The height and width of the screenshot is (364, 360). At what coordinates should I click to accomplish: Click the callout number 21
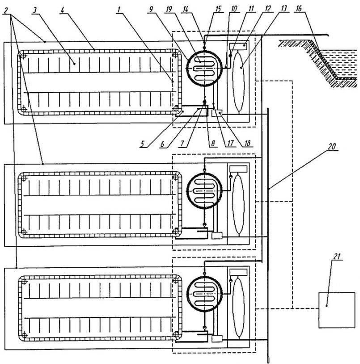[x=337, y=256]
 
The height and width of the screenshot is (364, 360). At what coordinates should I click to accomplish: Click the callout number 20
[x=332, y=147]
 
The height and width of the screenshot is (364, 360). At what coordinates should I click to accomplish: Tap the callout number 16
[x=299, y=9]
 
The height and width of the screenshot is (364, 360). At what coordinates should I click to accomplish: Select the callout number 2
[x=5, y=10]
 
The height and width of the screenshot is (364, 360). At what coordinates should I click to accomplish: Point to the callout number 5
[x=142, y=144]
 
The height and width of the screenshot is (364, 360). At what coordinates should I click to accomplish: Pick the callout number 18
[x=247, y=143]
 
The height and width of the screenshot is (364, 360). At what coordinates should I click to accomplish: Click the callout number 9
[x=151, y=9]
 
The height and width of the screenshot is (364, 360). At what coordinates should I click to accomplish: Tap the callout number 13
[x=284, y=9]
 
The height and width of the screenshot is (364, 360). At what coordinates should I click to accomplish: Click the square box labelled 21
[x=337, y=310]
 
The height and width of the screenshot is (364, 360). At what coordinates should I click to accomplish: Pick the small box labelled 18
[x=217, y=113]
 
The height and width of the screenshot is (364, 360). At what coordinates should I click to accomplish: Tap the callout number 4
[x=62, y=10]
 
